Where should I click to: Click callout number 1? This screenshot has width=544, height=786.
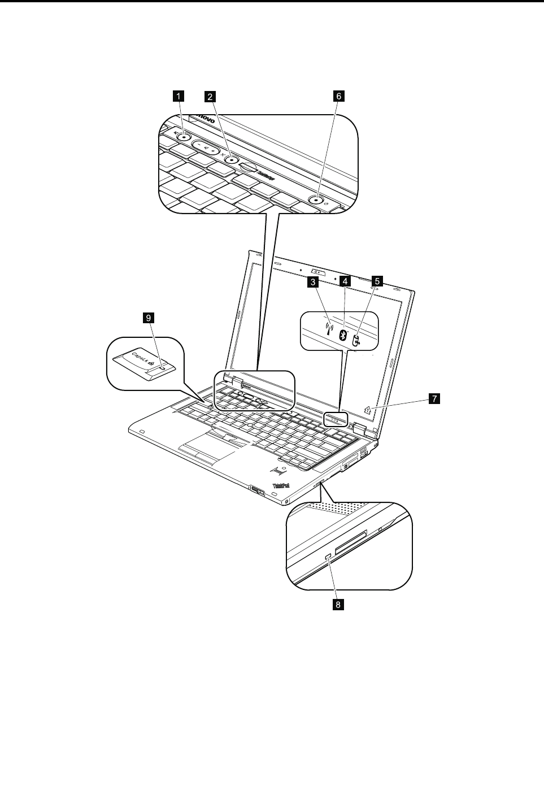[x=178, y=96]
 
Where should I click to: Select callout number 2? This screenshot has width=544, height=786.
[x=210, y=96]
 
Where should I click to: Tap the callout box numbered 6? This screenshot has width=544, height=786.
[x=339, y=96]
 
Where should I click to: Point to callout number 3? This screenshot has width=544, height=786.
[x=311, y=280]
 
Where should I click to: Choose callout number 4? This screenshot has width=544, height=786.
[x=345, y=280]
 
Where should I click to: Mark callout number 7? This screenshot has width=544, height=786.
[x=434, y=399]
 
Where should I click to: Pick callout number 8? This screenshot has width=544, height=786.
[x=338, y=605]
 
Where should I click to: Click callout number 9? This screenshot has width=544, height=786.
[x=149, y=319]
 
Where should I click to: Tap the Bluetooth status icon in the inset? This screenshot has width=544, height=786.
[x=342, y=335]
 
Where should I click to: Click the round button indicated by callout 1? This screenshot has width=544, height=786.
[x=185, y=136]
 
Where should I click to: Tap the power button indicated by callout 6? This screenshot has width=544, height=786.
[x=318, y=199]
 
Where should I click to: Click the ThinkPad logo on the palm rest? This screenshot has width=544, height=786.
[x=281, y=485]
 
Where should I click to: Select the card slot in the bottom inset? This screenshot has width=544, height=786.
[x=350, y=541]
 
